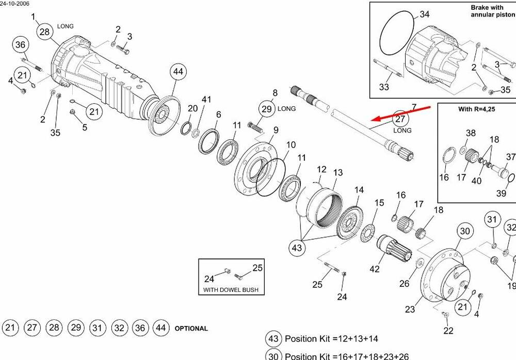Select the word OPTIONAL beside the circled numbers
[x=191, y=329]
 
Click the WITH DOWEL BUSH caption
[x=231, y=290]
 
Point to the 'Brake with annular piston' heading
[x=492, y=11]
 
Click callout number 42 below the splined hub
[x=375, y=269]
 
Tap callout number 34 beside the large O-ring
[x=425, y=14]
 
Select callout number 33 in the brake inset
[x=384, y=87]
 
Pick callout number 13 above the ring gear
[x=338, y=172]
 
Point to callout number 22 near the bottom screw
[x=448, y=331]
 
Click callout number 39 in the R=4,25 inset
[x=501, y=193]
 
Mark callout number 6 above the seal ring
[x=218, y=114]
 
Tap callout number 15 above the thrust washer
[x=379, y=203]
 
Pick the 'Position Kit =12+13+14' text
[x=331, y=339]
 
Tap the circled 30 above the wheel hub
[x=465, y=231]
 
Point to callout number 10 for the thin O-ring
[x=291, y=145]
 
